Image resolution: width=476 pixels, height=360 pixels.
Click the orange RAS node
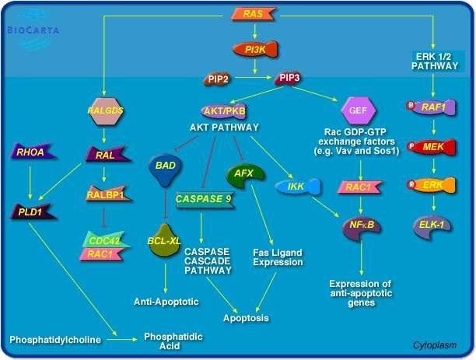tap(254, 14)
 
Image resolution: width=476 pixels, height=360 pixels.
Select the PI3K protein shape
tap(255, 50)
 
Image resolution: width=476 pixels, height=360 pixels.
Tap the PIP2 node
tap(217, 79)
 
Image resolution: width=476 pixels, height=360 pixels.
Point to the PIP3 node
tap(288, 79)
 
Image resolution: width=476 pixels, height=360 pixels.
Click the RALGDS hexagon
tap(105, 111)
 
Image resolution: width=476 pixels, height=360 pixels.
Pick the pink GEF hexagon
tap(359, 110)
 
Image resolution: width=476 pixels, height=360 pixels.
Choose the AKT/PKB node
tap(224, 111)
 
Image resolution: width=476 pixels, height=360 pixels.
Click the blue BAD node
tap(166, 170)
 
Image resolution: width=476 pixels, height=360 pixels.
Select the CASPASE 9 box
tap(205, 199)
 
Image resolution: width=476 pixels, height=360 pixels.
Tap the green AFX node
tap(245, 176)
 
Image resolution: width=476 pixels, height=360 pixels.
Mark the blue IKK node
tap(297, 186)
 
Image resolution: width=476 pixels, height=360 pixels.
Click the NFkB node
tap(361, 229)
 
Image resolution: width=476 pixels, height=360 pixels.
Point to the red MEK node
tap(431, 147)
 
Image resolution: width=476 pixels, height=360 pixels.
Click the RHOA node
tap(33, 152)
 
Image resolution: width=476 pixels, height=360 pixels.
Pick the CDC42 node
tap(105, 239)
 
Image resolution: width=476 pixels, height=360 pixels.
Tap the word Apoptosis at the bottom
tap(247, 318)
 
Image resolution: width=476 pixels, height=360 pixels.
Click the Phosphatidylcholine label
tap(55, 340)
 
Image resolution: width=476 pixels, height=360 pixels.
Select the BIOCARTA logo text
tap(33, 30)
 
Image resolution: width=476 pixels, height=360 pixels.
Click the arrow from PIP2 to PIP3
tap(254, 78)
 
